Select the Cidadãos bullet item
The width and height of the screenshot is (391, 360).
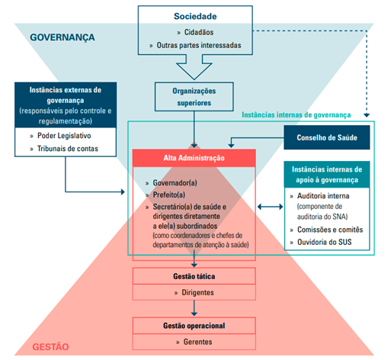point(198,34)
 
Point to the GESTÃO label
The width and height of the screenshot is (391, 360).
point(50,347)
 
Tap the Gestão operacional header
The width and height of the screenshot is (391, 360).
point(194,325)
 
